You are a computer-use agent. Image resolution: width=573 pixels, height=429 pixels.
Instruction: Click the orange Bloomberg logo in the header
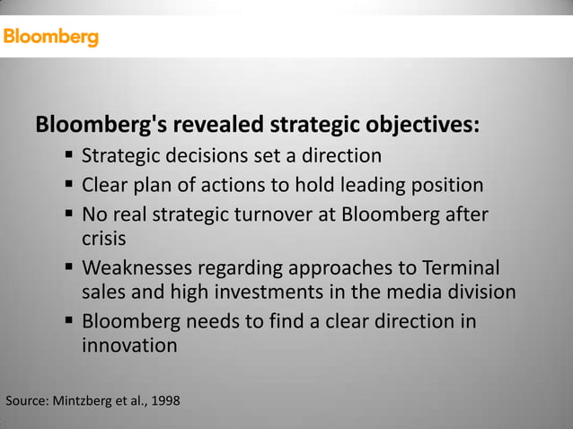(50, 38)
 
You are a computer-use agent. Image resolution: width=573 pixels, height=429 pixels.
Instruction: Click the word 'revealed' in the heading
(212, 124)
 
